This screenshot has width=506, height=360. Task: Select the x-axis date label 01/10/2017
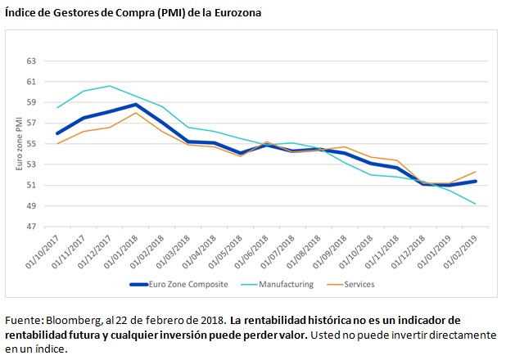[x=47, y=251]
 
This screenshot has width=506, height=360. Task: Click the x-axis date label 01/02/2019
[x=463, y=251]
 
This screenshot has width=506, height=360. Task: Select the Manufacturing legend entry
[x=286, y=284]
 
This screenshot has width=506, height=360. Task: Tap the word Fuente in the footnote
[x=20, y=319]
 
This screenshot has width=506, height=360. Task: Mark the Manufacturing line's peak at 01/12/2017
[x=110, y=86]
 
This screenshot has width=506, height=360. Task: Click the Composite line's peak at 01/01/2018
[x=135, y=104]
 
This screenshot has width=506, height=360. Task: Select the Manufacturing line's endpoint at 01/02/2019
[x=476, y=204]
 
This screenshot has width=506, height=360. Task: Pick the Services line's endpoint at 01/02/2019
[x=476, y=172]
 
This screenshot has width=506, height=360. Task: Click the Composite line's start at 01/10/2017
[x=57, y=133]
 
